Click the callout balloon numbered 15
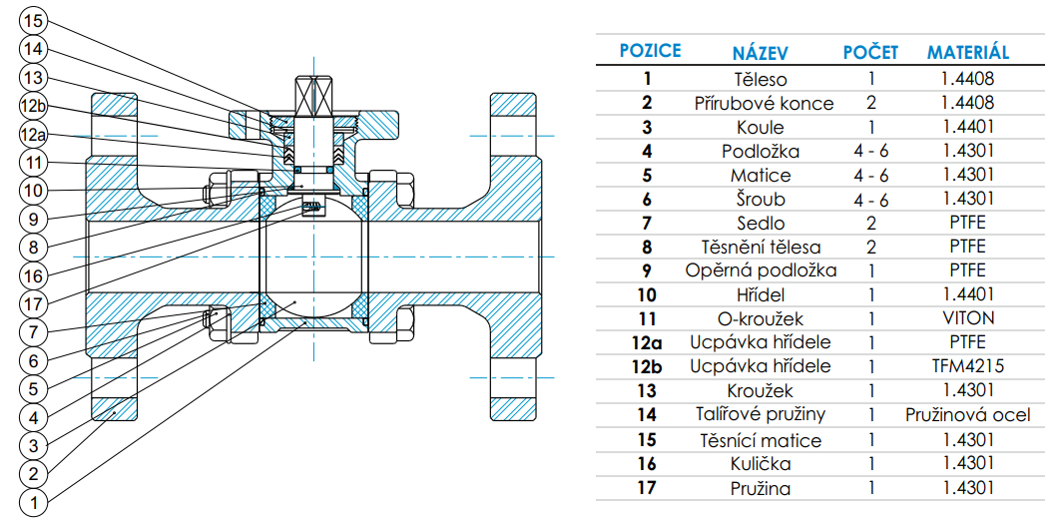tap(34, 19)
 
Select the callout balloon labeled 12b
tap(34, 106)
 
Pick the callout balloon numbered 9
tap(34, 217)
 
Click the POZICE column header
tap(650, 50)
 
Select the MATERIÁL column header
tap(967, 51)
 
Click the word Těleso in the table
tap(760, 79)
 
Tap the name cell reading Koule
tap(761, 127)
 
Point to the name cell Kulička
tap(761, 463)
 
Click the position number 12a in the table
tap(648, 342)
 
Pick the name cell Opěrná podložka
tap(761, 270)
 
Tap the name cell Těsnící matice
tap(761, 439)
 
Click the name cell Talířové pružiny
tap(761, 414)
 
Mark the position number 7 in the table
tap(648, 223)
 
